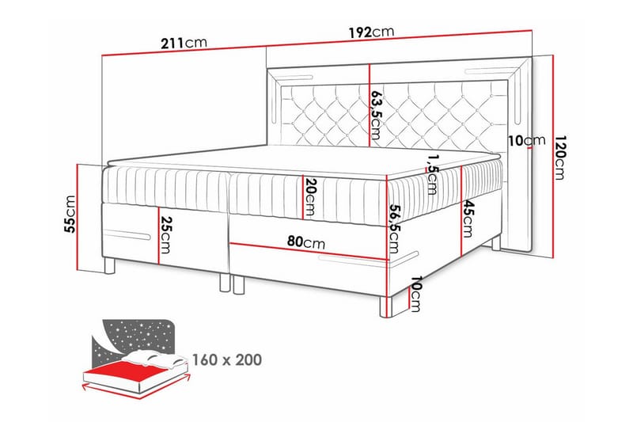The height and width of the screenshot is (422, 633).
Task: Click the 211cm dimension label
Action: tap(184, 43)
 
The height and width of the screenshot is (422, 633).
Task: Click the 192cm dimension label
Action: tap(371, 32)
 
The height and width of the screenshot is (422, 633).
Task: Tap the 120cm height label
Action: tap(560, 157)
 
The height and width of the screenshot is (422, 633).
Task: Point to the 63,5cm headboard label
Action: tap(376, 114)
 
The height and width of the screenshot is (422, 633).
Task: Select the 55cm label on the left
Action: tap(70, 214)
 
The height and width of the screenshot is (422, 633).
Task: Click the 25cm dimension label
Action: tap(166, 235)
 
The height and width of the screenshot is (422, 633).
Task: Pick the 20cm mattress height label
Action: tap(310, 197)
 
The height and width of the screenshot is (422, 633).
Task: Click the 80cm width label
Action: tap(306, 242)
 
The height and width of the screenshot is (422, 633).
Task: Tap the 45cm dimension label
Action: tap(468, 219)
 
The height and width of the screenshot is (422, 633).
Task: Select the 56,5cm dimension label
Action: tap(394, 229)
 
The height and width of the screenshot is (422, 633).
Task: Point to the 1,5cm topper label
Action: tap(431, 174)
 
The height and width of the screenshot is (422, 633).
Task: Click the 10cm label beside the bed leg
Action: tap(415, 295)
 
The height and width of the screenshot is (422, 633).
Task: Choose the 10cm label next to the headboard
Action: tap(526, 140)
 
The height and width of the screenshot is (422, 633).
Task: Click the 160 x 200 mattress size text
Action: tap(227, 359)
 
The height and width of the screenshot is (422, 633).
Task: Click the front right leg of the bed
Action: tap(386, 307)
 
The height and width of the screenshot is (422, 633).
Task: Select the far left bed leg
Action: tap(109, 266)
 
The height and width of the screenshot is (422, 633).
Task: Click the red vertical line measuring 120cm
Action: tap(553, 156)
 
